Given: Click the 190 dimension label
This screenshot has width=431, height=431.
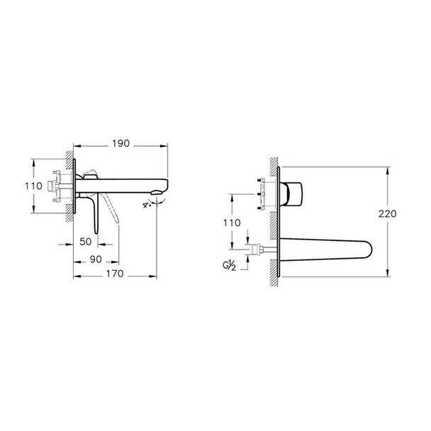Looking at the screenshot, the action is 121,143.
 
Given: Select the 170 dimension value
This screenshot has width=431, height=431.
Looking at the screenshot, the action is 115,274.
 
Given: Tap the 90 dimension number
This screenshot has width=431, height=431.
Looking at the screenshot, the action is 96,259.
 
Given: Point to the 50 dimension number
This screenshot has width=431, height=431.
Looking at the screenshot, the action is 86,242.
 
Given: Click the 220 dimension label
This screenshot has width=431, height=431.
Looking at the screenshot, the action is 388,213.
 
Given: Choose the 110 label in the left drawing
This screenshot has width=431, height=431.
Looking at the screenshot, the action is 33,186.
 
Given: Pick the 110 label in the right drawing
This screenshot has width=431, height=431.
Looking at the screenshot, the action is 232,223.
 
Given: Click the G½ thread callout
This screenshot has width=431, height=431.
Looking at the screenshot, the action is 229,266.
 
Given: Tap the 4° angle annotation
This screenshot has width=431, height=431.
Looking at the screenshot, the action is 147,205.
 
